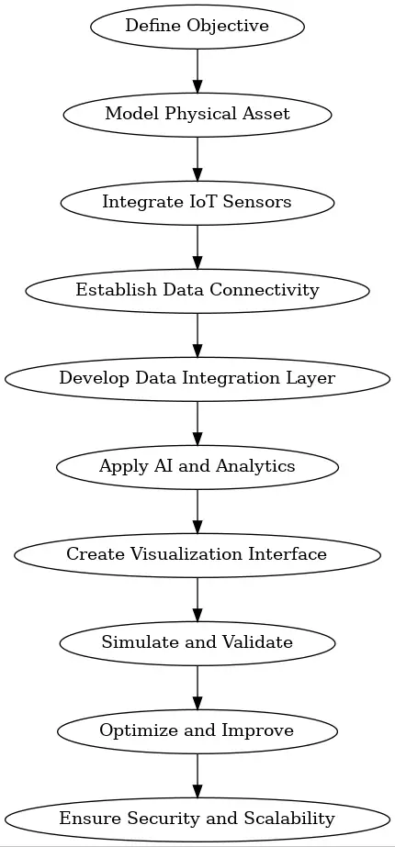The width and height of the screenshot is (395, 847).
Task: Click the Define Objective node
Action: tap(197, 26)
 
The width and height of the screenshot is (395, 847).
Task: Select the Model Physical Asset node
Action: tap(197, 114)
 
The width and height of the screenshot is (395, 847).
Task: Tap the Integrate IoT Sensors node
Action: tap(197, 202)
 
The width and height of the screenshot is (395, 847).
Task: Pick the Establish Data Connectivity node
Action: tap(197, 290)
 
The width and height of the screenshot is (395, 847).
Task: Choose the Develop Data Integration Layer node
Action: tap(197, 378)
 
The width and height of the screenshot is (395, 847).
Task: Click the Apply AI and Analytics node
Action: tap(197, 466)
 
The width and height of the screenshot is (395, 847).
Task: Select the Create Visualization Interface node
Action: tap(197, 554)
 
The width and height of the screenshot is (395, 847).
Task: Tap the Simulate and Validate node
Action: tap(197, 642)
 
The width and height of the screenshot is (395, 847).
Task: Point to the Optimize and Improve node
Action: tap(197, 730)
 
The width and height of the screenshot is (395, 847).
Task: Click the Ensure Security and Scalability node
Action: tap(197, 819)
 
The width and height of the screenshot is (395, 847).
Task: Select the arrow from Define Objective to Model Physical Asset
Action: tap(197, 70)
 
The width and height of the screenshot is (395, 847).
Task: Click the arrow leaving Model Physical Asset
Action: tap(197, 158)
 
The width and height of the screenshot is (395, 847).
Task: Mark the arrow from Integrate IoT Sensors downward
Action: tap(197, 246)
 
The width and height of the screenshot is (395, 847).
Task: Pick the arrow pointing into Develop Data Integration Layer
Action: tap(197, 334)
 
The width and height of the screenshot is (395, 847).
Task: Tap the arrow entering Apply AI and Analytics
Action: tap(197, 422)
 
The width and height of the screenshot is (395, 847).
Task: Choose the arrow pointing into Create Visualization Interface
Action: tap(197, 510)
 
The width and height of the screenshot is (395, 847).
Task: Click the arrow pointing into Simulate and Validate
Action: tap(197, 598)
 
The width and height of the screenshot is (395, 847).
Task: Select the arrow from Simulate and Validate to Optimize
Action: tap(197, 686)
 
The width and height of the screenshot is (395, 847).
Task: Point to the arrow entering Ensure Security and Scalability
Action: tap(197, 775)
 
